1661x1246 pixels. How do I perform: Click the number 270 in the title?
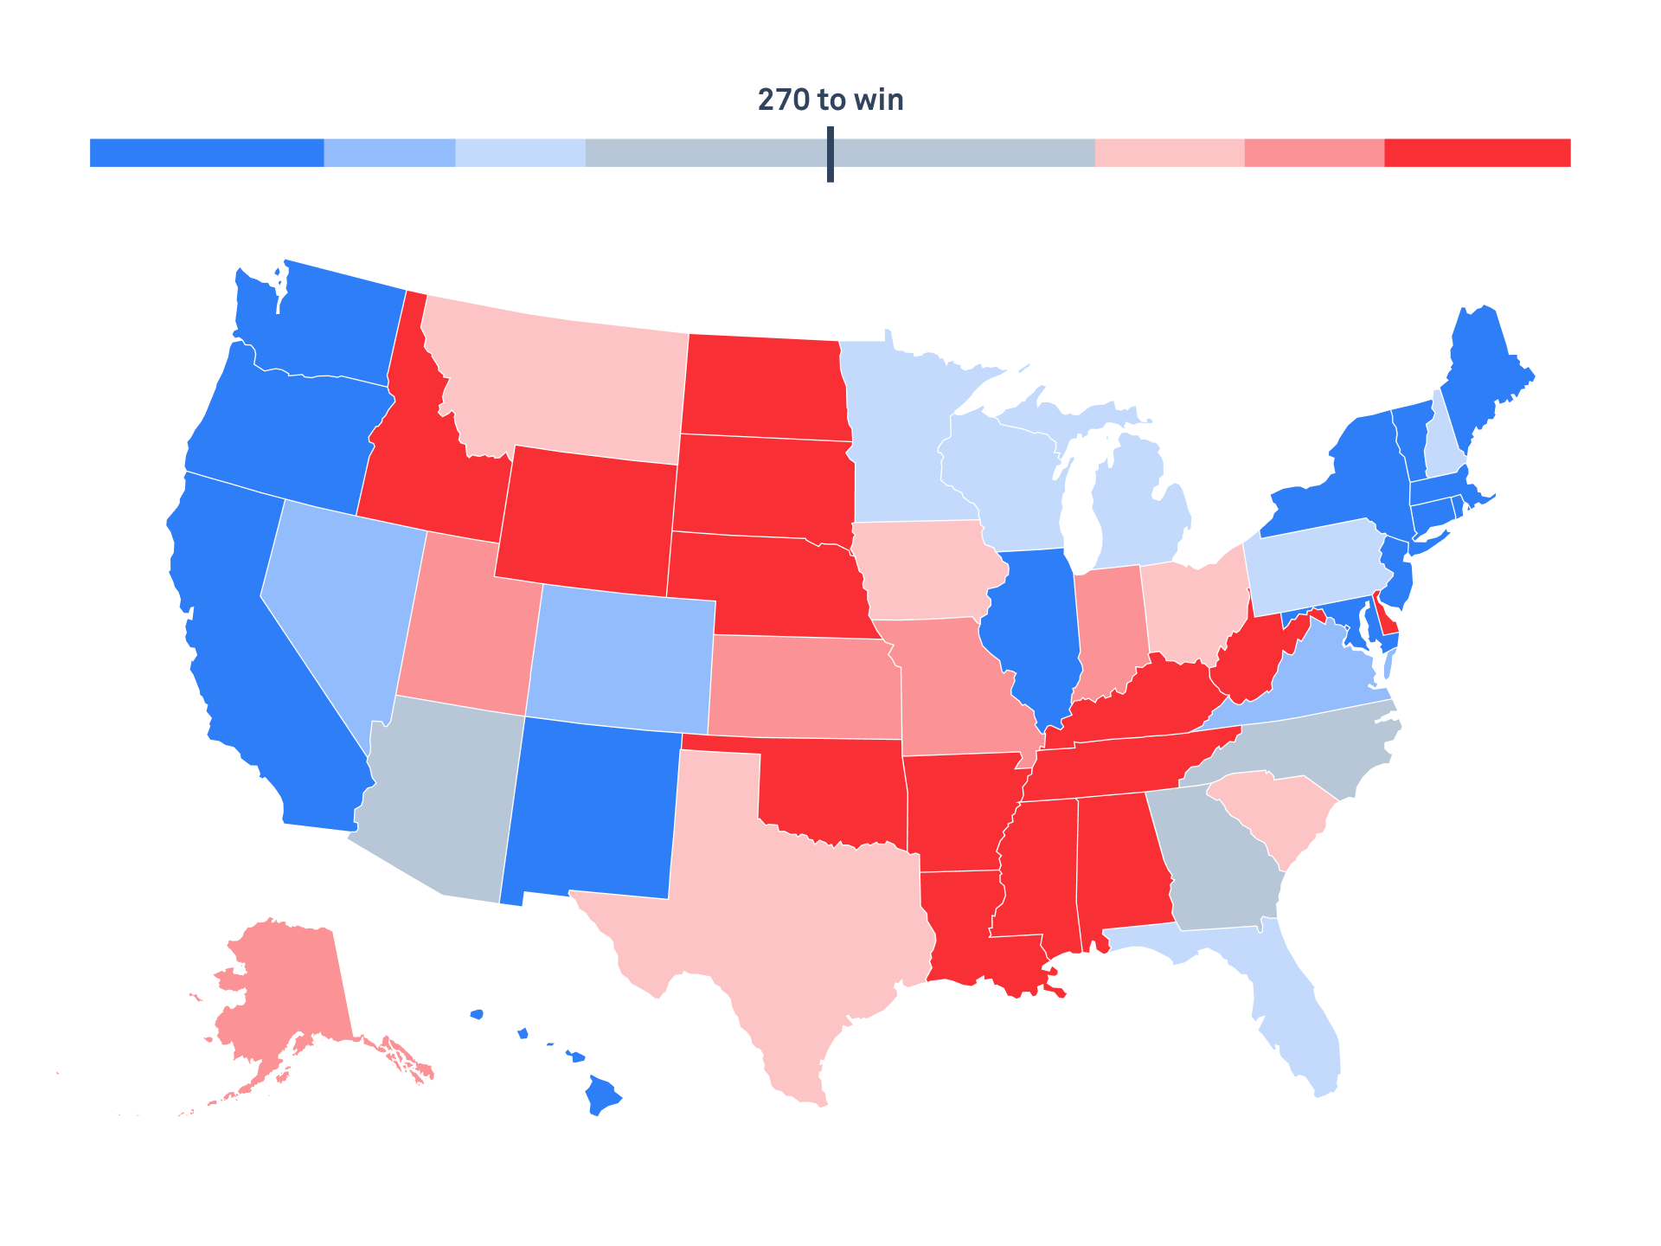pyautogui.click(x=783, y=100)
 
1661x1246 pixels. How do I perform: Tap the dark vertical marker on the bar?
pyautogui.click(x=830, y=154)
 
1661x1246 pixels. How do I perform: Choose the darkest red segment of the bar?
pyautogui.click(x=1477, y=153)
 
